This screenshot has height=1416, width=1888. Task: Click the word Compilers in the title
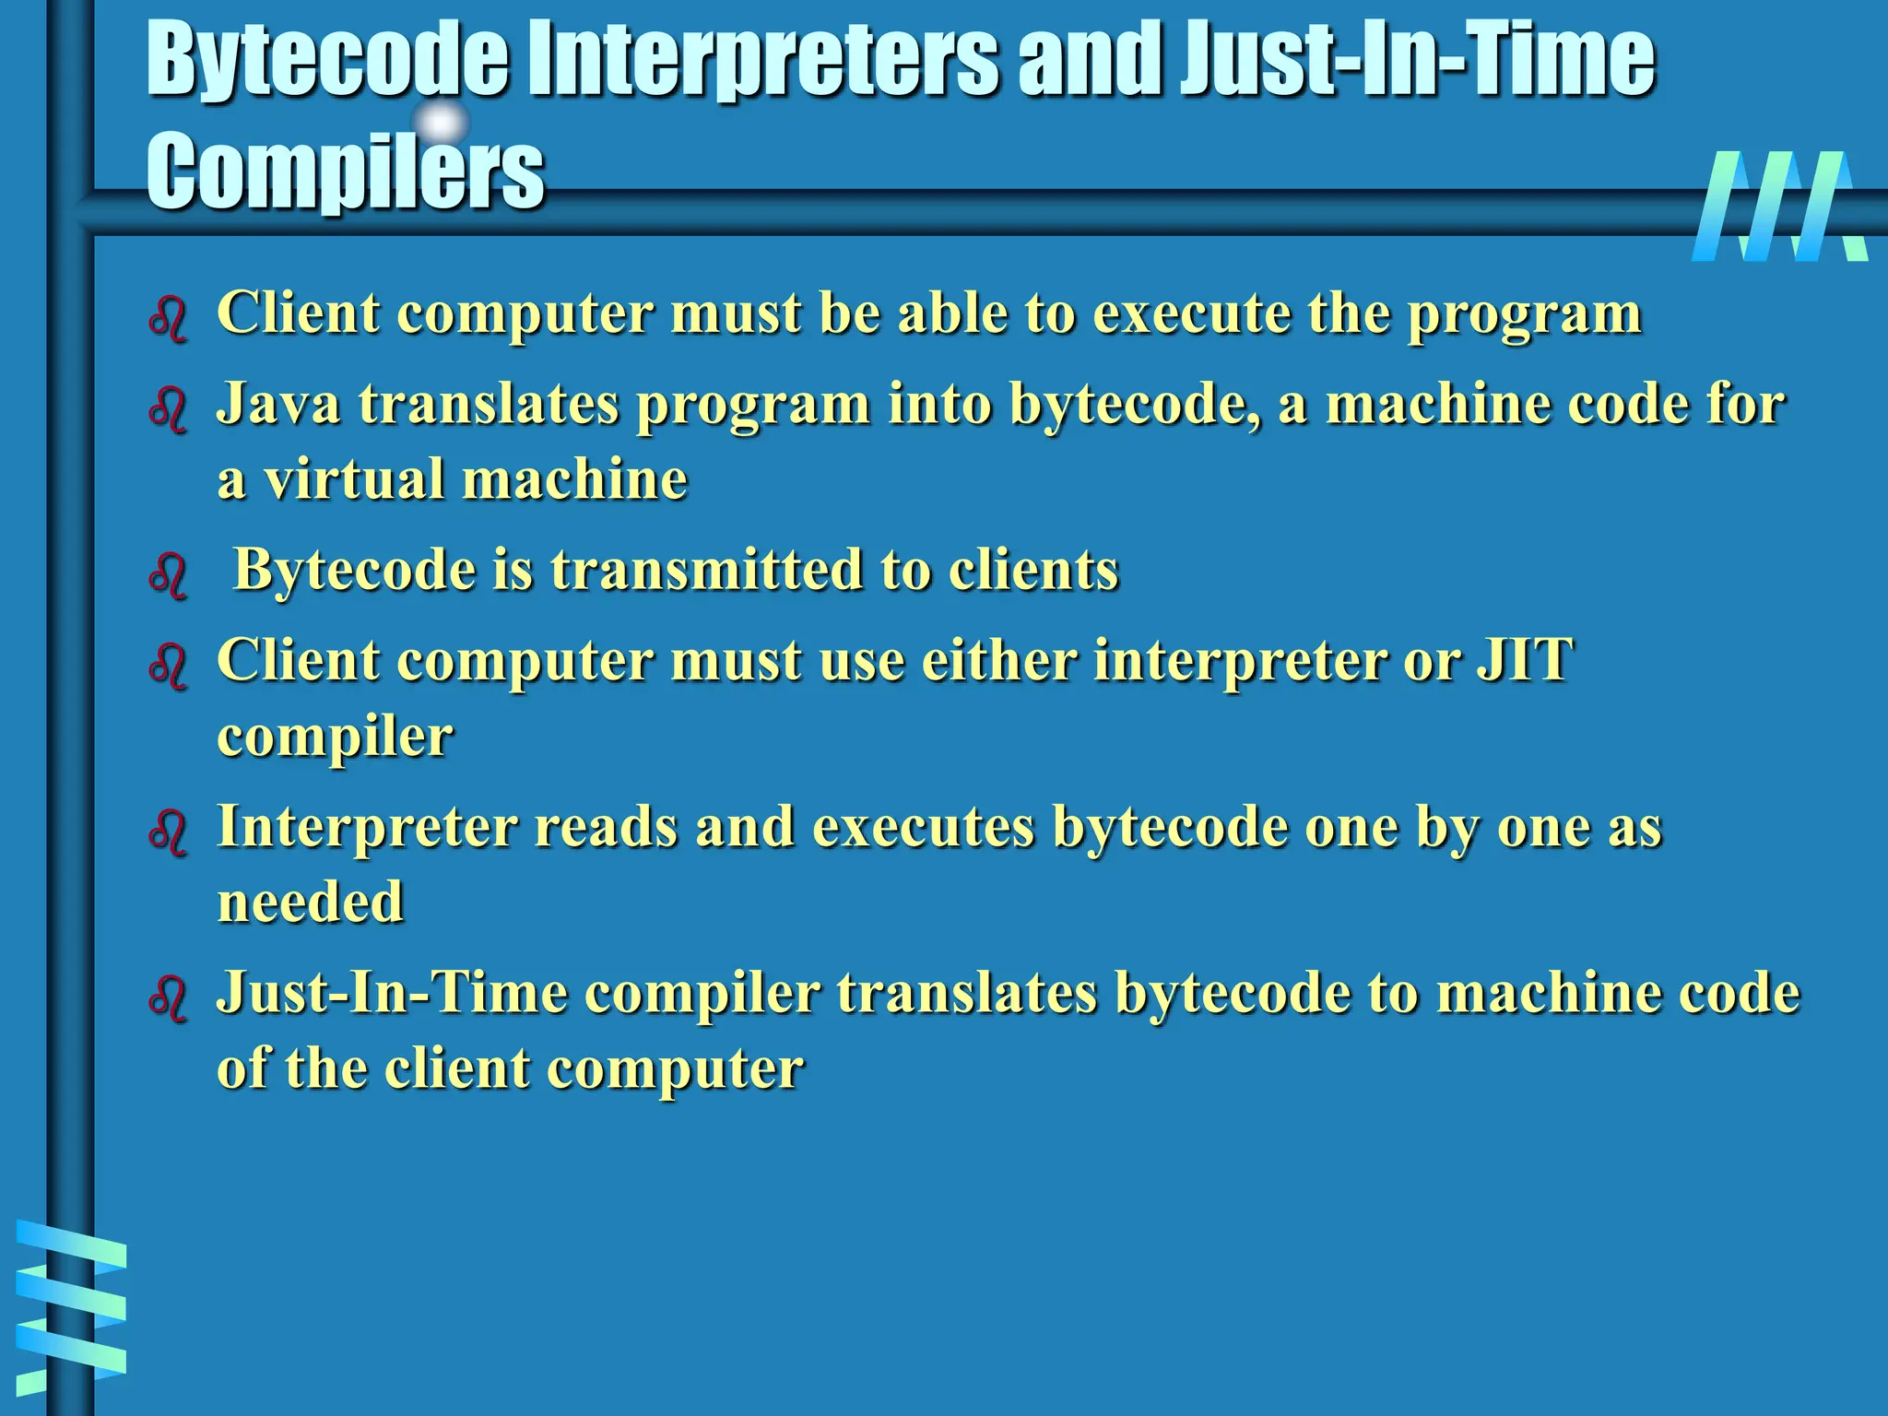pyautogui.click(x=346, y=171)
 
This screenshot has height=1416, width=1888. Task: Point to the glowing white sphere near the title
pyautogui.click(x=442, y=123)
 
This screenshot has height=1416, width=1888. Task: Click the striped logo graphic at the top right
pyautogui.click(x=1779, y=206)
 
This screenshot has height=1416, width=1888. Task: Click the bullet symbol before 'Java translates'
pyautogui.click(x=168, y=407)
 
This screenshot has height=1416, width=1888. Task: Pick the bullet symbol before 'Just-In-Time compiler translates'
pyautogui.click(x=168, y=998)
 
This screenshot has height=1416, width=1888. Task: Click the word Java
pyautogui.click(x=278, y=405)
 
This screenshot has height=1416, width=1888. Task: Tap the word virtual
pyautogui.click(x=354, y=479)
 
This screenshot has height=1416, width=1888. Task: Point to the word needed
pyautogui.click(x=311, y=902)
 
